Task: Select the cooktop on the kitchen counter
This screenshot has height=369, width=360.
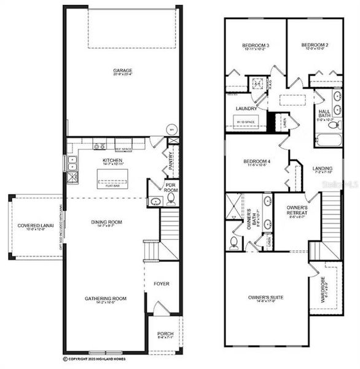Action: coord(99,146)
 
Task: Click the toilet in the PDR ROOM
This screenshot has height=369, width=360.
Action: coord(171,199)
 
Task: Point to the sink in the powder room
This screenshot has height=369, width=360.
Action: coord(154,201)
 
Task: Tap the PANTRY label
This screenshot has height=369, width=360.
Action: coord(170,163)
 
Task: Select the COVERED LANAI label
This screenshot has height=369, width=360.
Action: coord(36,226)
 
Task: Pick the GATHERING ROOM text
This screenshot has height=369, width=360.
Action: coord(106,298)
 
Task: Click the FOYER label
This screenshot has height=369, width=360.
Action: coord(161,284)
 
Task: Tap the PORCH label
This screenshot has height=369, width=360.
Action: coord(165,334)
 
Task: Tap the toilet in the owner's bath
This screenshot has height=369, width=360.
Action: coord(234,242)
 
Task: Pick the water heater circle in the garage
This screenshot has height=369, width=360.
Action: coord(173,130)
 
